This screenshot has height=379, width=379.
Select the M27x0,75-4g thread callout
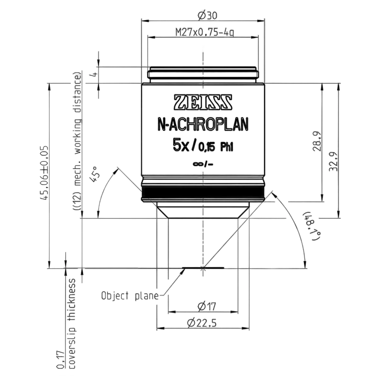[x=205, y=32]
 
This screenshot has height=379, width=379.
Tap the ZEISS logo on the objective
[x=203, y=102]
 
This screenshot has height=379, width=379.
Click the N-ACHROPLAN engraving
[x=203, y=124]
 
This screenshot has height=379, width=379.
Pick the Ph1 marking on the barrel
[x=226, y=147]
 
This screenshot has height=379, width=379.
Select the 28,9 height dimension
[x=317, y=141]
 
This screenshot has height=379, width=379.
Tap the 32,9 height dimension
[x=333, y=161]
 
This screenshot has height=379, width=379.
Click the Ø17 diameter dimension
[x=207, y=306]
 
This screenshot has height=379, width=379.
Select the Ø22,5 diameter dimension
[x=202, y=323]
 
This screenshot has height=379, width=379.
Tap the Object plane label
[x=130, y=296]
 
